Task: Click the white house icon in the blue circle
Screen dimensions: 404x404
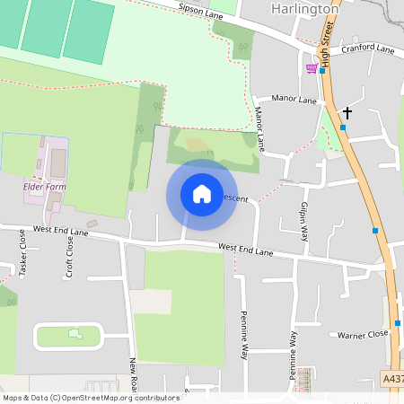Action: point(202,194)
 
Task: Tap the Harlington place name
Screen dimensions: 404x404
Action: point(304,9)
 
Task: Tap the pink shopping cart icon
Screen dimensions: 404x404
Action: point(312,68)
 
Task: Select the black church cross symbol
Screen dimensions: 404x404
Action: point(347,113)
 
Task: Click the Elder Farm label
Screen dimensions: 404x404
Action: point(45,187)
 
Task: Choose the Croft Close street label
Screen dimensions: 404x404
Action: point(69,258)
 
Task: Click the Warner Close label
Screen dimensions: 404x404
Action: point(363,335)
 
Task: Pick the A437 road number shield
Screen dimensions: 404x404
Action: point(392,379)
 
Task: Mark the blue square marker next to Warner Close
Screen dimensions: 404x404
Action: point(397,323)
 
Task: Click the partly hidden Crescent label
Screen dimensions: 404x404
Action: point(233,198)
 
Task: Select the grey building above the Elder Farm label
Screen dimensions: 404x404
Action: point(57,163)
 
